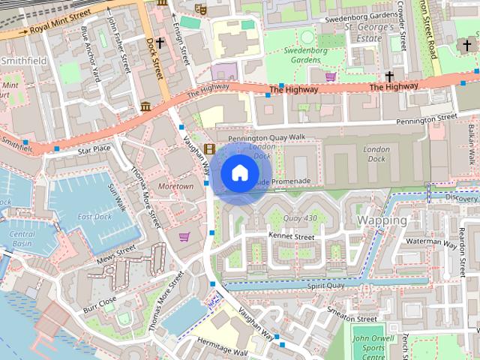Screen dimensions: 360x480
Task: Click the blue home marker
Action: [238, 173]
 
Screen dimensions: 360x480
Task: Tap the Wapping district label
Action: [382, 220]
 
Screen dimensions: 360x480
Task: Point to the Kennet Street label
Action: [290, 236]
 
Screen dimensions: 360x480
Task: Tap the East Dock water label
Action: [94, 217]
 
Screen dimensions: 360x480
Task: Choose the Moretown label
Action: [176, 185]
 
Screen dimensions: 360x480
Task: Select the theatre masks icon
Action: [199, 8]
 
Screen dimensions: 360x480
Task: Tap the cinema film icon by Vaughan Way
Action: [208, 148]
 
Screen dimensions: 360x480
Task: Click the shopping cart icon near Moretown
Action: [184, 237]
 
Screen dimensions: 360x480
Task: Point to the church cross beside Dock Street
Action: [160, 43]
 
